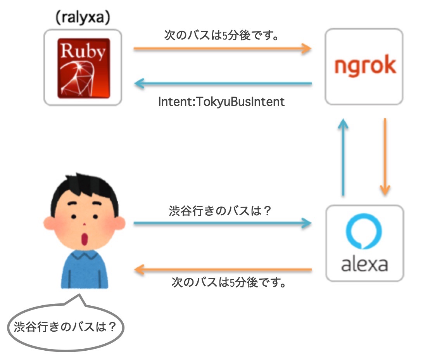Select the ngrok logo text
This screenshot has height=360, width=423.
(364, 66)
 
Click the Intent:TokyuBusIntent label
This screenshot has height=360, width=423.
(221, 102)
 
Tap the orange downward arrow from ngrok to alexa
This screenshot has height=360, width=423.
(385, 157)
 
